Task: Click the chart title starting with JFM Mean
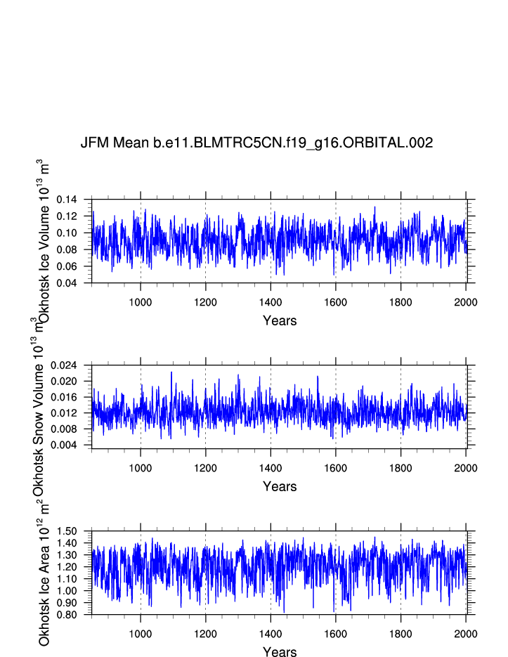(x=256, y=143)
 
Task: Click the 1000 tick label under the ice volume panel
(x=141, y=302)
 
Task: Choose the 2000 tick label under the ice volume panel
(x=466, y=302)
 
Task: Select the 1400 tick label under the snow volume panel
(x=271, y=468)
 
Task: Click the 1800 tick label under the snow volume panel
(x=400, y=468)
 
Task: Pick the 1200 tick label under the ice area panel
(x=205, y=634)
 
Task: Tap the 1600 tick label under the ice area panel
(x=336, y=634)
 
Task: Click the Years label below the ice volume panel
(x=280, y=321)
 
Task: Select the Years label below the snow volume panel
(x=280, y=486)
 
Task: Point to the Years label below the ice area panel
(x=280, y=652)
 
